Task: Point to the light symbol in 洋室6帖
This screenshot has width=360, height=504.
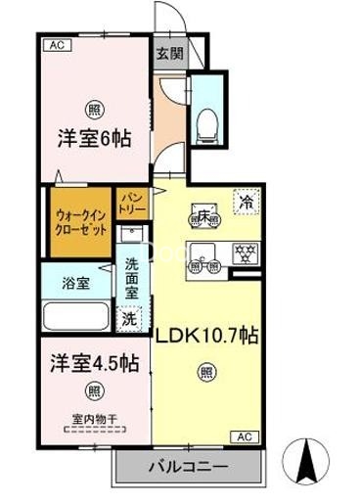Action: click(94, 109)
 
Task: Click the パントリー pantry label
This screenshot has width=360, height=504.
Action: click(130, 205)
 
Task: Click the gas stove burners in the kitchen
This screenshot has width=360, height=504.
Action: click(244, 252)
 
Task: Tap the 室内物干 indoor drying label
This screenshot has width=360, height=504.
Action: click(93, 422)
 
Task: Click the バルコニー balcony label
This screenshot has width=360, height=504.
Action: click(191, 466)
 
